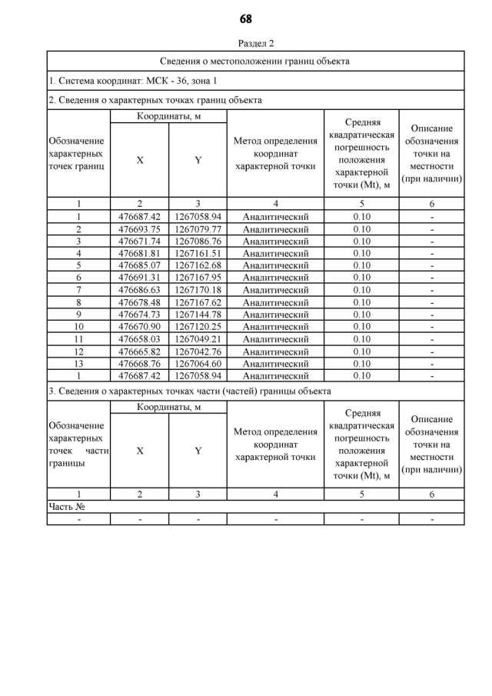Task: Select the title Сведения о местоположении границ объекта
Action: point(255,61)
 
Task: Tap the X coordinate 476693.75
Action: point(139,229)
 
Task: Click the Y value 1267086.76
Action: point(198,241)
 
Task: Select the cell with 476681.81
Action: point(139,253)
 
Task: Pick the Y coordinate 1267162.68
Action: point(198,265)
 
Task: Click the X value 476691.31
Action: point(139,278)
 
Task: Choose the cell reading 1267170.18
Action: point(198,290)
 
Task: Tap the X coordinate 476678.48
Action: point(139,302)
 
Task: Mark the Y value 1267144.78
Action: point(198,315)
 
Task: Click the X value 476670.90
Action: point(139,327)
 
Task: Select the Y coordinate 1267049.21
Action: point(198,339)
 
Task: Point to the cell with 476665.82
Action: point(139,351)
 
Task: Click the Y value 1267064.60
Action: point(198,364)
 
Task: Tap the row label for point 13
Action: point(78,364)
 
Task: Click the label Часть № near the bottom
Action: point(66,507)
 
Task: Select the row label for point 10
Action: point(78,327)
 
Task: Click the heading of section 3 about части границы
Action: point(189,391)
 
